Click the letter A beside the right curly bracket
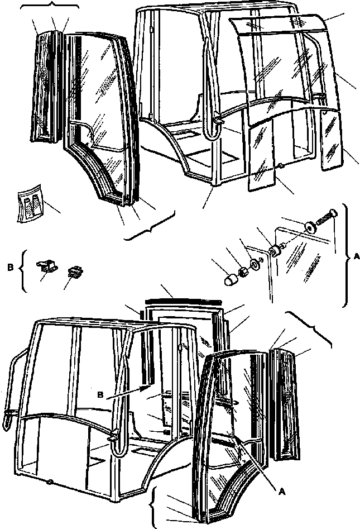(x=356, y=257)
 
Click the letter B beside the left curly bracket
(x=11, y=268)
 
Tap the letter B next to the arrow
(x=101, y=395)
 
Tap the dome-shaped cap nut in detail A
(x=230, y=280)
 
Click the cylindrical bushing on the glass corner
(x=275, y=252)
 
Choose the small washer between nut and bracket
(x=255, y=264)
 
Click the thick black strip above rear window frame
(x=183, y=301)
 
